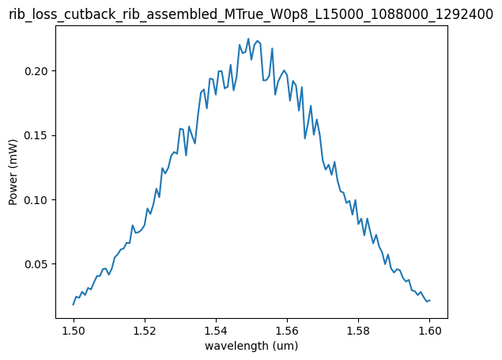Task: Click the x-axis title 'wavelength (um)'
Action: [x=251, y=346]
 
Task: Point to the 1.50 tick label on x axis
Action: [x=74, y=329]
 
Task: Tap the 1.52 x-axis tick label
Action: [x=145, y=329]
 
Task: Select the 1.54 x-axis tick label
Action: [x=216, y=329]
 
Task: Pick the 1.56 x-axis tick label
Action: [x=287, y=329]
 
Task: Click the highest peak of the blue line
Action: [x=248, y=39]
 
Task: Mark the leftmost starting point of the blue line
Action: [x=74, y=305]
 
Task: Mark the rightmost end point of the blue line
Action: [x=430, y=300]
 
